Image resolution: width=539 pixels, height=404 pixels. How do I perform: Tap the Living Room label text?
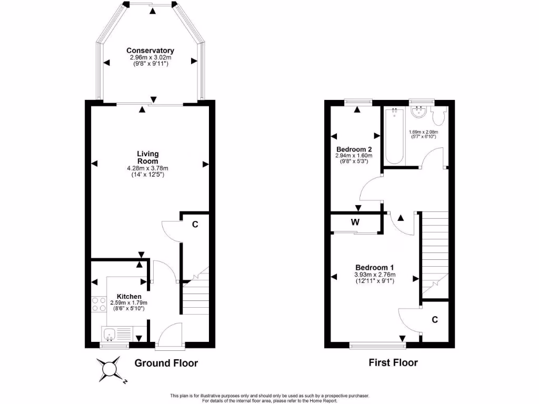coord(148,157)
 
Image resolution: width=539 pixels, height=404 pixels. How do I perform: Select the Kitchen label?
coord(129,297)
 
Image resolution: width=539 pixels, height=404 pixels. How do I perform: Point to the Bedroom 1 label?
coord(375,267)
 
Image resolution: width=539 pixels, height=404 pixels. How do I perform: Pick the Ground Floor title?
coord(166,363)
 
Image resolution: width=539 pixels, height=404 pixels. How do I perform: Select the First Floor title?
coord(394,362)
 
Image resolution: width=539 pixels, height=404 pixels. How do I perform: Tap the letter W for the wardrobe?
coord(355,222)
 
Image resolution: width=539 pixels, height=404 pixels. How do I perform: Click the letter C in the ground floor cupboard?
coord(195,225)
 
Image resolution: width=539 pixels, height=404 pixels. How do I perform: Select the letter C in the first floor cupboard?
coord(435,319)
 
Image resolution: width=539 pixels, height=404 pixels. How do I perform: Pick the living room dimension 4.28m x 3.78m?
coord(148,168)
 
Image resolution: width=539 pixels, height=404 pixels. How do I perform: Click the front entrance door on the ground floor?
coord(169,337)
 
